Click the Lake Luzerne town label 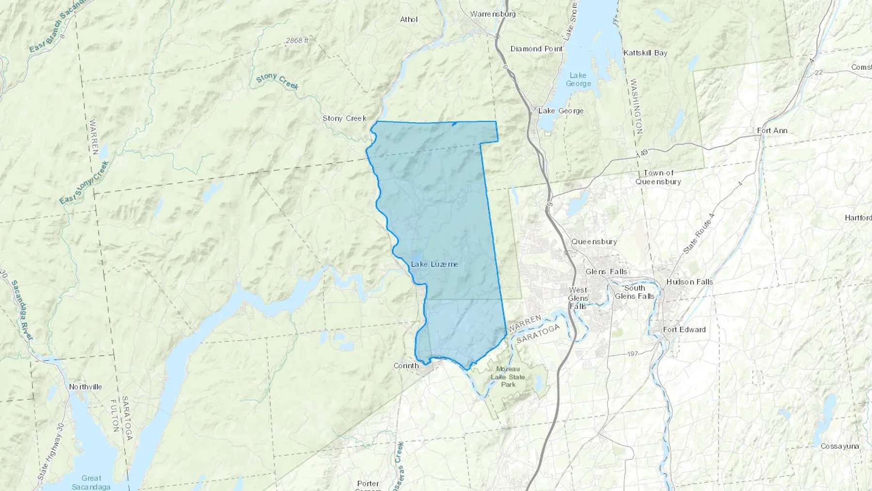coord(435,264)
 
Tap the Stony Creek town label coord(344,118)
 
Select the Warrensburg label coord(493,14)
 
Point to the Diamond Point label coord(536,49)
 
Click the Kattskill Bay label coord(645,53)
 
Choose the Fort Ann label coord(772,130)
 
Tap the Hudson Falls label coord(689,282)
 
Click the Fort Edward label coord(684,330)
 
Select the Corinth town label coord(406,365)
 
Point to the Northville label coord(85,387)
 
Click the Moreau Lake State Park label coord(508,377)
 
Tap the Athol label coord(409,20)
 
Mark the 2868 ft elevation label coord(297,41)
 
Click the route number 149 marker coord(642,154)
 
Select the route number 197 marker coord(632,354)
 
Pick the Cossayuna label coord(840,446)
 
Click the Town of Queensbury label coord(658,177)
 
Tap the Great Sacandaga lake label coord(91,482)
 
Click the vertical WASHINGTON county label coord(636,107)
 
